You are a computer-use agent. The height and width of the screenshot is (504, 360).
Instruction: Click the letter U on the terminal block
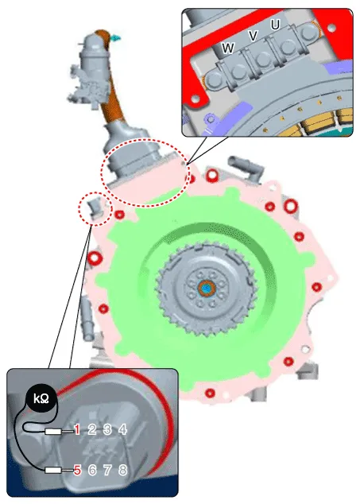[x=275, y=25]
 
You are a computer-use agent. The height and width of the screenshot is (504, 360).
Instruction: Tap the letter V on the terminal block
[x=254, y=35]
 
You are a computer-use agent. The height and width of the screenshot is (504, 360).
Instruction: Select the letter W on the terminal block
[x=228, y=48]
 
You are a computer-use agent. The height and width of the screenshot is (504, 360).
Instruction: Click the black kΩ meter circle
[x=42, y=399]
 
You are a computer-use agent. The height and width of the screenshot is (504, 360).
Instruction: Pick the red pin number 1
[x=77, y=429]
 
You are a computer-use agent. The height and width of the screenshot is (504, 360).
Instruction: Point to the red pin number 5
[x=77, y=471]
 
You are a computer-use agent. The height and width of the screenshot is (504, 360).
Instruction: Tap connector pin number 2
[x=92, y=429]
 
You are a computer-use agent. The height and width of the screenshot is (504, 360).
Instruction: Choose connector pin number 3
[x=107, y=429]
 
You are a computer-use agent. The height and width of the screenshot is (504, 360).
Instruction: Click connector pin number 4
[x=123, y=429]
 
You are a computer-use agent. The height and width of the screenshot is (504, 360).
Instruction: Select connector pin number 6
[x=92, y=471]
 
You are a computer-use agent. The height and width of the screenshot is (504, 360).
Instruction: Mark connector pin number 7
[x=107, y=471]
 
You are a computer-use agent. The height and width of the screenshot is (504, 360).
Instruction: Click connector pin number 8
[x=123, y=471]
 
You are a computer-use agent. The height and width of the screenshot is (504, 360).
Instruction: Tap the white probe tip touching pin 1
[x=53, y=432]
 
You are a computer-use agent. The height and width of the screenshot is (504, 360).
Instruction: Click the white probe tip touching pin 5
[x=53, y=471]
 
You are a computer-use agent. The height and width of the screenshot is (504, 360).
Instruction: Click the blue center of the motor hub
[x=207, y=288]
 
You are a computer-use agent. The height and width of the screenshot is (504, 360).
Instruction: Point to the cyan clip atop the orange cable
[x=115, y=38]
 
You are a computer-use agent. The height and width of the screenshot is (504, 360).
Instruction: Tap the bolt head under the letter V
[x=264, y=58]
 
